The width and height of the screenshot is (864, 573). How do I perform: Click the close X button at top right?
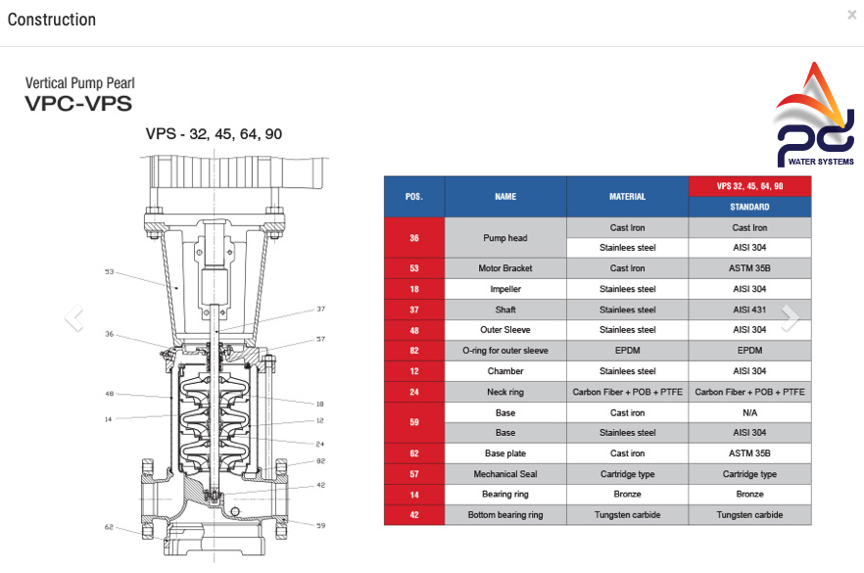click(x=851, y=15)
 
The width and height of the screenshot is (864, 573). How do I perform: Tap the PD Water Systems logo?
click(x=813, y=115)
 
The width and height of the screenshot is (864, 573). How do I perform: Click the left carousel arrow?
click(x=73, y=317)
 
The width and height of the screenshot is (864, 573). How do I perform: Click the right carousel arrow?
click(x=791, y=317)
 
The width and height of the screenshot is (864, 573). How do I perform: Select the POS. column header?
click(x=414, y=197)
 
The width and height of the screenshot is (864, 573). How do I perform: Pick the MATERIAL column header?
click(x=627, y=197)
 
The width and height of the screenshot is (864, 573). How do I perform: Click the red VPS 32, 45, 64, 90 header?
click(x=749, y=186)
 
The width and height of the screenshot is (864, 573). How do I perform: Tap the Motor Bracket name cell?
click(x=505, y=268)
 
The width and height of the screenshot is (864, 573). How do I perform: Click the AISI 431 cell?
click(x=749, y=310)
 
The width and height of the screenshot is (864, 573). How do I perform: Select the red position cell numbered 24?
click(x=414, y=392)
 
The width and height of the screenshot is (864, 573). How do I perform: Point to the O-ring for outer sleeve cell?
click(x=505, y=351)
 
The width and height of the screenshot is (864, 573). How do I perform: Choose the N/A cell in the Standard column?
click(x=749, y=412)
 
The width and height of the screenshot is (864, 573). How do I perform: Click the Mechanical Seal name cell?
click(x=505, y=474)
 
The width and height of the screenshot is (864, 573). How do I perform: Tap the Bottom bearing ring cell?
click(x=505, y=514)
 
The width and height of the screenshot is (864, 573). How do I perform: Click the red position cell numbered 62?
click(x=414, y=454)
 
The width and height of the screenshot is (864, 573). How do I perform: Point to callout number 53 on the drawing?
click(x=109, y=271)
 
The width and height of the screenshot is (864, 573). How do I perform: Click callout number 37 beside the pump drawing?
click(x=320, y=310)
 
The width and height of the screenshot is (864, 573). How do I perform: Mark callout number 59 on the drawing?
click(x=320, y=526)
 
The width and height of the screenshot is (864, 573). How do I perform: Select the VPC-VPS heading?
click(x=78, y=104)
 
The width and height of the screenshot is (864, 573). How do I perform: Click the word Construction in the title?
click(x=52, y=20)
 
